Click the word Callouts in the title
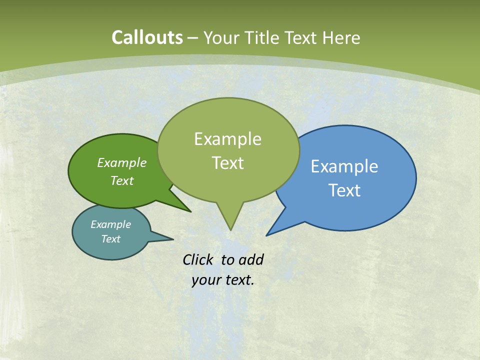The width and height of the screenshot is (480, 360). [147, 37]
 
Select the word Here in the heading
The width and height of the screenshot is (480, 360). [341, 37]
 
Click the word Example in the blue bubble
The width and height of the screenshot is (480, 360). [344, 166]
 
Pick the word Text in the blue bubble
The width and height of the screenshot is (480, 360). [344, 190]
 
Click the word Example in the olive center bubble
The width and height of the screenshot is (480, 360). [227, 139]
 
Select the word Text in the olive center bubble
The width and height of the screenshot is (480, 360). [227, 163]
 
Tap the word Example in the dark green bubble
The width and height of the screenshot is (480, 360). [122, 162]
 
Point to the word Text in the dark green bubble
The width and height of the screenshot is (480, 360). [122, 181]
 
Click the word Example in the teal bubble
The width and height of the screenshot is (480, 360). [110, 224]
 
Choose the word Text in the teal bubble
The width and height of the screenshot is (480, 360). [110, 239]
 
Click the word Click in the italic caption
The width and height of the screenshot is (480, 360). [198, 259]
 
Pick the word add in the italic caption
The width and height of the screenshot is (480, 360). [250, 259]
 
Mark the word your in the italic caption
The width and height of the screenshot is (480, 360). [206, 280]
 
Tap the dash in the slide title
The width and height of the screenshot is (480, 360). [193, 38]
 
